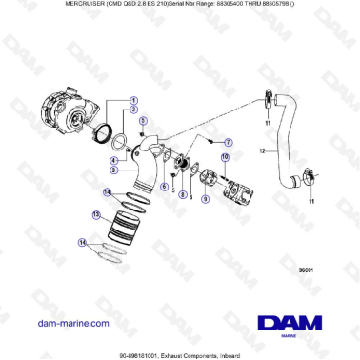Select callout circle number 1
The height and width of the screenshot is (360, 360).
pyautogui.click(x=133, y=100)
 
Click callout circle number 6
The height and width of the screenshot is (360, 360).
pyautogui.click(x=163, y=188)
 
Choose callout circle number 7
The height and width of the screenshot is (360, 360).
pyautogui.click(x=228, y=141)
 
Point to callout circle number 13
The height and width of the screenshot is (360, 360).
pyautogui.click(x=97, y=216)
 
